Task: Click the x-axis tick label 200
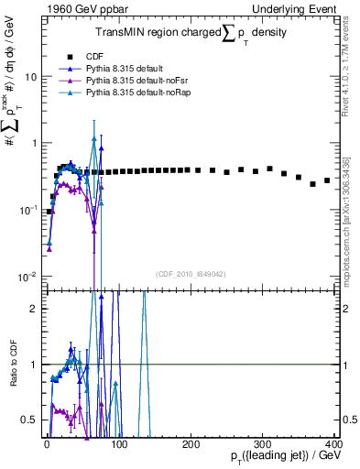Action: pyautogui.click(x=190, y=444)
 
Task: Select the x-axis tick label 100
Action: pyautogui.click(x=118, y=444)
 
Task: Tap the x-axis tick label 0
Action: pyautogui.click(x=47, y=444)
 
